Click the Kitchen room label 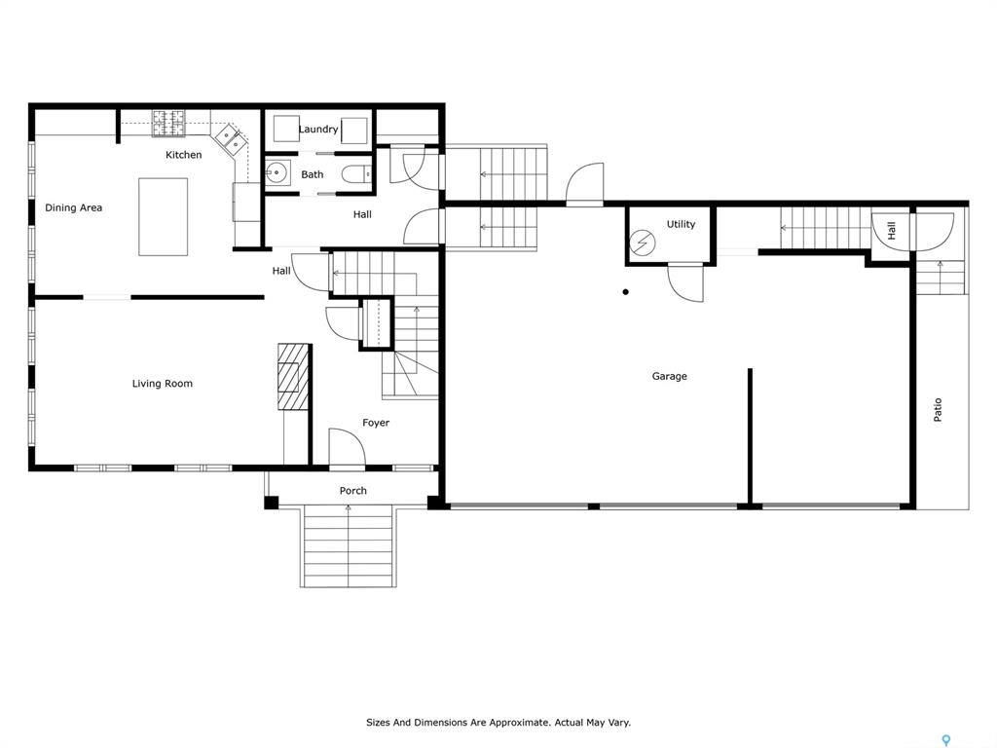(184, 155)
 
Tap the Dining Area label (73, 207)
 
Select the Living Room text (163, 384)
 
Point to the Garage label (670, 376)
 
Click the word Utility (681, 224)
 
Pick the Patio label (938, 410)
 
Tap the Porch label (352, 491)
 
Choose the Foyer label (376, 423)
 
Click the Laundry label (318, 130)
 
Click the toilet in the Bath (356, 173)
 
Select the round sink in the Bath (276, 172)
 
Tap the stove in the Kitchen (168, 124)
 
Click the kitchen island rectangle (163, 217)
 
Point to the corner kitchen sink (230, 139)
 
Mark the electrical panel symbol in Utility (643, 243)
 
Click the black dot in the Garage (626, 292)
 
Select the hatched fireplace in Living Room (292, 377)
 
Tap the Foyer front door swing (347, 448)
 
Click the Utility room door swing (685, 282)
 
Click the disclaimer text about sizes (498, 723)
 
